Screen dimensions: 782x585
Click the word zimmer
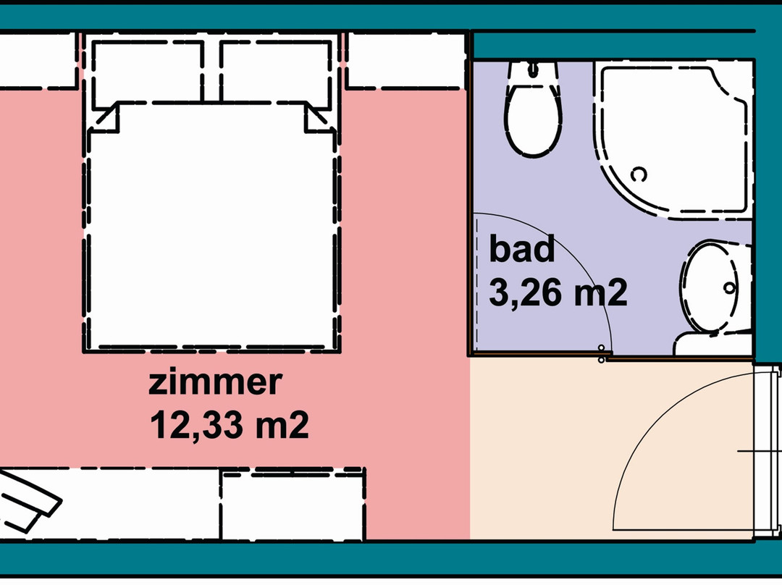click(x=216, y=382)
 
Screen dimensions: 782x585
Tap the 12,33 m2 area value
click(x=230, y=425)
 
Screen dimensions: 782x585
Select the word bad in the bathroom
click(x=521, y=248)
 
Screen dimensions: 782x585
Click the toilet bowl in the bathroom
click(x=533, y=119)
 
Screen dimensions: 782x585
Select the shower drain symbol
click(x=639, y=174)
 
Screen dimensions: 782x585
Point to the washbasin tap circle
click(x=729, y=287)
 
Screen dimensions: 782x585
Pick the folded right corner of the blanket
click(x=320, y=117)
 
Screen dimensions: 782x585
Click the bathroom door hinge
click(x=602, y=353)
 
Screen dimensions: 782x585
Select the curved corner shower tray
click(x=673, y=140)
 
